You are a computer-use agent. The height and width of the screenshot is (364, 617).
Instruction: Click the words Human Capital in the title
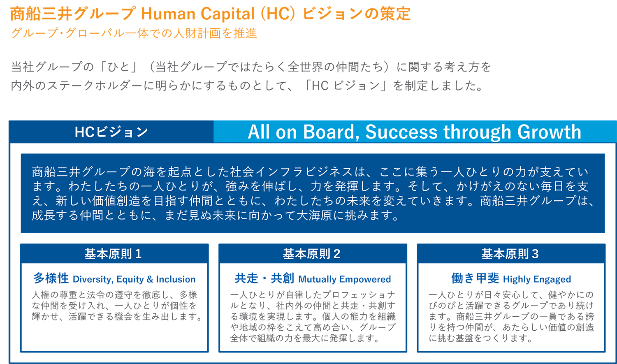(198, 14)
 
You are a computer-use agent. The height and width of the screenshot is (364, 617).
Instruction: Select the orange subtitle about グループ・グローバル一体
(134, 33)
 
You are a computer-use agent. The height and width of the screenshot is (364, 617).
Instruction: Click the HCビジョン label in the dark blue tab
(111, 132)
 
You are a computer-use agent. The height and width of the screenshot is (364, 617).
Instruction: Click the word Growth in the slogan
(549, 132)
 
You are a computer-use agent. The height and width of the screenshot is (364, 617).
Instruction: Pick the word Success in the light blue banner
(401, 132)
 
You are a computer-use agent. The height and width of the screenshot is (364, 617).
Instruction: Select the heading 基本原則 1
(113, 254)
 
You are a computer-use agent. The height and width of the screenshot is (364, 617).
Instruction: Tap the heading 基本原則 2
(311, 254)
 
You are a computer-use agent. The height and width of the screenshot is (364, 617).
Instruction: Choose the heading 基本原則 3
(510, 254)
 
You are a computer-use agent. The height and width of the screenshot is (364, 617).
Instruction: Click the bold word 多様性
(51, 278)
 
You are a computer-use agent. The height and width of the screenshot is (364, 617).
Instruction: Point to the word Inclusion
(176, 279)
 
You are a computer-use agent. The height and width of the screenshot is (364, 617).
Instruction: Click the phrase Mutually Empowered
(345, 279)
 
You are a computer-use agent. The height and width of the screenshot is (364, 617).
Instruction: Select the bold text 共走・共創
(264, 278)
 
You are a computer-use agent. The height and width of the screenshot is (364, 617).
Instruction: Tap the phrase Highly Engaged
(537, 279)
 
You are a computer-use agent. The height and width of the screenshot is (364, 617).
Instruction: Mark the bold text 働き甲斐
(475, 278)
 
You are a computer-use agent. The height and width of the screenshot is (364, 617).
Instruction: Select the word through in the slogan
(477, 132)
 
